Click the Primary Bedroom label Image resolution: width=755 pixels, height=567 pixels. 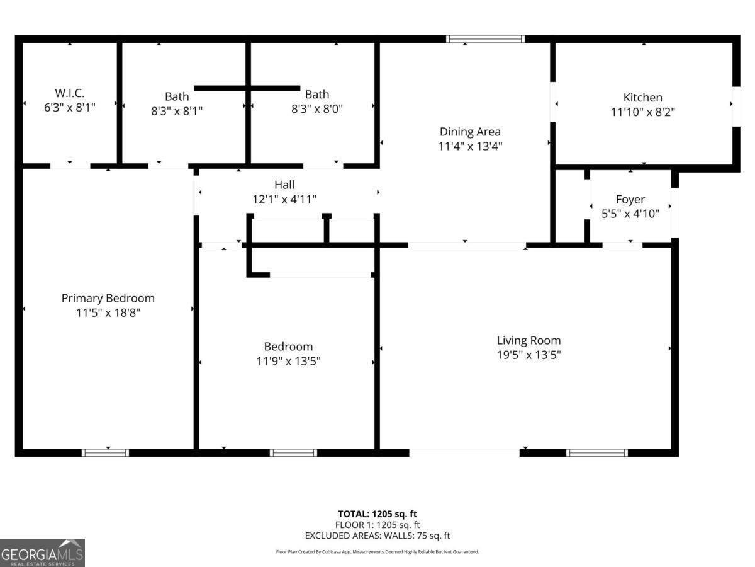click(x=108, y=298)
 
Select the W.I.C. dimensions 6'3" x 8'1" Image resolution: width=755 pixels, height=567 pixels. click(x=69, y=108)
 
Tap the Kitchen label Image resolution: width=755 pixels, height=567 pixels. click(x=642, y=98)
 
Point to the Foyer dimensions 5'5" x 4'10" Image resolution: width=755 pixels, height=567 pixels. click(x=630, y=214)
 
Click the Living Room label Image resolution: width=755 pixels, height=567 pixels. click(x=528, y=340)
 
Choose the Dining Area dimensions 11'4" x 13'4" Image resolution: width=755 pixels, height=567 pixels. click(x=470, y=146)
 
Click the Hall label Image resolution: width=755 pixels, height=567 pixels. click(x=284, y=185)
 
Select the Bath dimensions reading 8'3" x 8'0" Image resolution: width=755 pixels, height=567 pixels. click(x=316, y=108)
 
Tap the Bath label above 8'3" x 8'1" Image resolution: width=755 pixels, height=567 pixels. click(x=177, y=96)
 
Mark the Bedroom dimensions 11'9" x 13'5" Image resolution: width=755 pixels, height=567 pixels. click(x=288, y=361)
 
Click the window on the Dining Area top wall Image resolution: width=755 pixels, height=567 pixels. click(x=485, y=39)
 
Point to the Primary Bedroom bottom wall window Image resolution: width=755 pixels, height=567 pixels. click(x=105, y=452)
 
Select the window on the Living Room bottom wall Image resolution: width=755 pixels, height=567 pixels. click(x=597, y=452)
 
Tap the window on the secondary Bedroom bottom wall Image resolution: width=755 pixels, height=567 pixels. click(x=293, y=452)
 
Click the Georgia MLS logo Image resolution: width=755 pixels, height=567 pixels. click(x=42, y=553)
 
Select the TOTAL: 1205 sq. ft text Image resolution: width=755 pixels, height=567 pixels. click(x=377, y=514)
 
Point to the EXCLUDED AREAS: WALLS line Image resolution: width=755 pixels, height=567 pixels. click(x=377, y=535)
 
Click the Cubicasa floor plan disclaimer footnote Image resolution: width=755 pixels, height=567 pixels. click(x=377, y=552)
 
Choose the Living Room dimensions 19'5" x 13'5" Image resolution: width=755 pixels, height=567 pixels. click(x=528, y=355)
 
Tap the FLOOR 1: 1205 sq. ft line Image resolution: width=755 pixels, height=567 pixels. click(x=377, y=525)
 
